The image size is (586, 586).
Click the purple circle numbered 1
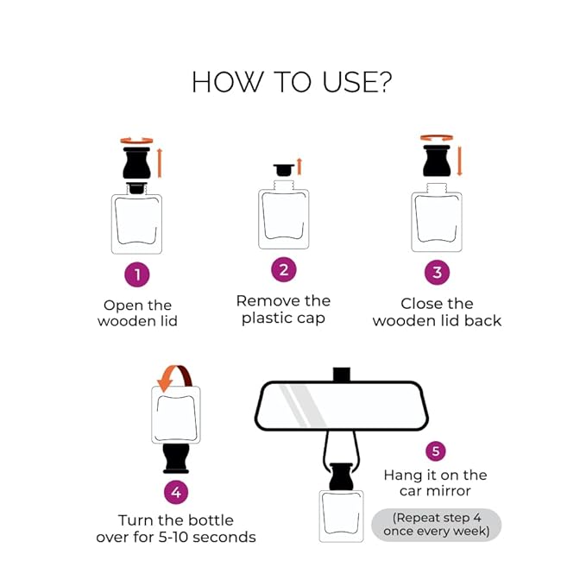(137, 274)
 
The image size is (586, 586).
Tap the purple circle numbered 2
(284, 270)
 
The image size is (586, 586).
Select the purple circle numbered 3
(437, 273)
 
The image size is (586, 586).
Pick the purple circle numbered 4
(176, 492)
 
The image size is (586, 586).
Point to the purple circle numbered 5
(436, 451)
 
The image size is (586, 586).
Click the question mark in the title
(384, 81)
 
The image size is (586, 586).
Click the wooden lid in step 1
(136, 162)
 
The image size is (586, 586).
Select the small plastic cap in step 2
(284, 170)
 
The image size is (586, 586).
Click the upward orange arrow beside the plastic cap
(299, 167)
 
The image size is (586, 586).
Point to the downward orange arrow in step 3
(460, 161)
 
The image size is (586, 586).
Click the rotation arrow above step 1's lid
(136, 141)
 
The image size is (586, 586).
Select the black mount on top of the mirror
(342, 375)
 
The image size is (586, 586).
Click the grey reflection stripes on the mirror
(304, 406)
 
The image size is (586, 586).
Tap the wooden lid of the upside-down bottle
(176, 458)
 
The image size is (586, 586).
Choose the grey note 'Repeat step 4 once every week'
(436, 525)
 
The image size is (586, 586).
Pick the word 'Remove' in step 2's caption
(268, 301)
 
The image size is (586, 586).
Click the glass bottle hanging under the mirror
(341, 516)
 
